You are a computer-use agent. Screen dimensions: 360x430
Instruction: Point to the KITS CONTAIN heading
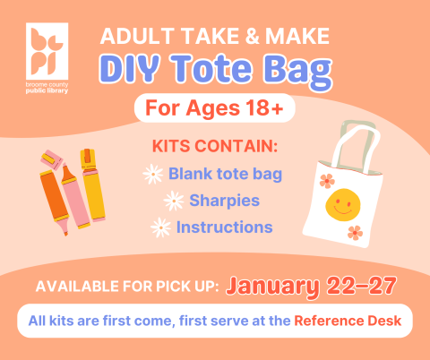click(215, 145)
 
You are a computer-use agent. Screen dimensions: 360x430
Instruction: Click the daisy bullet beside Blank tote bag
click(153, 174)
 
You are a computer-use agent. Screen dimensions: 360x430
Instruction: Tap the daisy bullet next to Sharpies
click(174, 200)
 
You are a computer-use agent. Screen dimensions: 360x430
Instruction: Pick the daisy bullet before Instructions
click(161, 227)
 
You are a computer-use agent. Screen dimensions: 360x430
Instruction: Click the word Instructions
click(224, 227)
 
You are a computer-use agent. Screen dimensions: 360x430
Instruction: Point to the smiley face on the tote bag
click(338, 205)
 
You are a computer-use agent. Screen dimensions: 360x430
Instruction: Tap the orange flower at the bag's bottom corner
click(356, 234)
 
